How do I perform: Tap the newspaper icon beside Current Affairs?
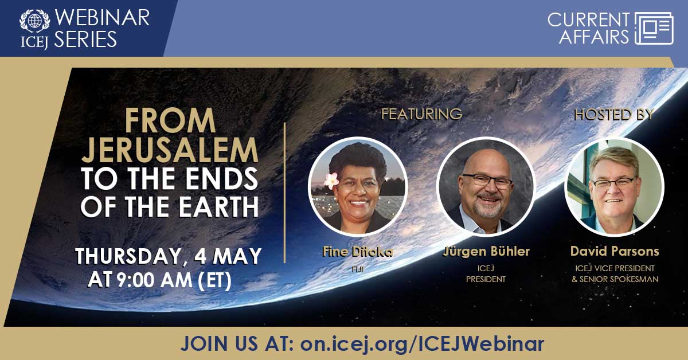tap(654, 29)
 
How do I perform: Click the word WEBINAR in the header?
tap(102, 18)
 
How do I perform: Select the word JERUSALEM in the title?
tap(170, 150)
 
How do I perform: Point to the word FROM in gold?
tap(170, 120)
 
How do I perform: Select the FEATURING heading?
tap(421, 114)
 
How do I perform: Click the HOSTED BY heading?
tap(613, 115)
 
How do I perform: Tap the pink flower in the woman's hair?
tap(331, 181)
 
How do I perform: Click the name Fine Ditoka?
tap(358, 252)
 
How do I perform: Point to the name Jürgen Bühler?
tap(486, 251)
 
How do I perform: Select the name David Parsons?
tap(615, 251)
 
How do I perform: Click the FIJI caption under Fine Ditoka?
tap(358, 269)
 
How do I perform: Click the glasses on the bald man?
tap(488, 181)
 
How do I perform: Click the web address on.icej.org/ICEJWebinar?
tap(422, 343)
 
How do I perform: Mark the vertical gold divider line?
tap(285, 193)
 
